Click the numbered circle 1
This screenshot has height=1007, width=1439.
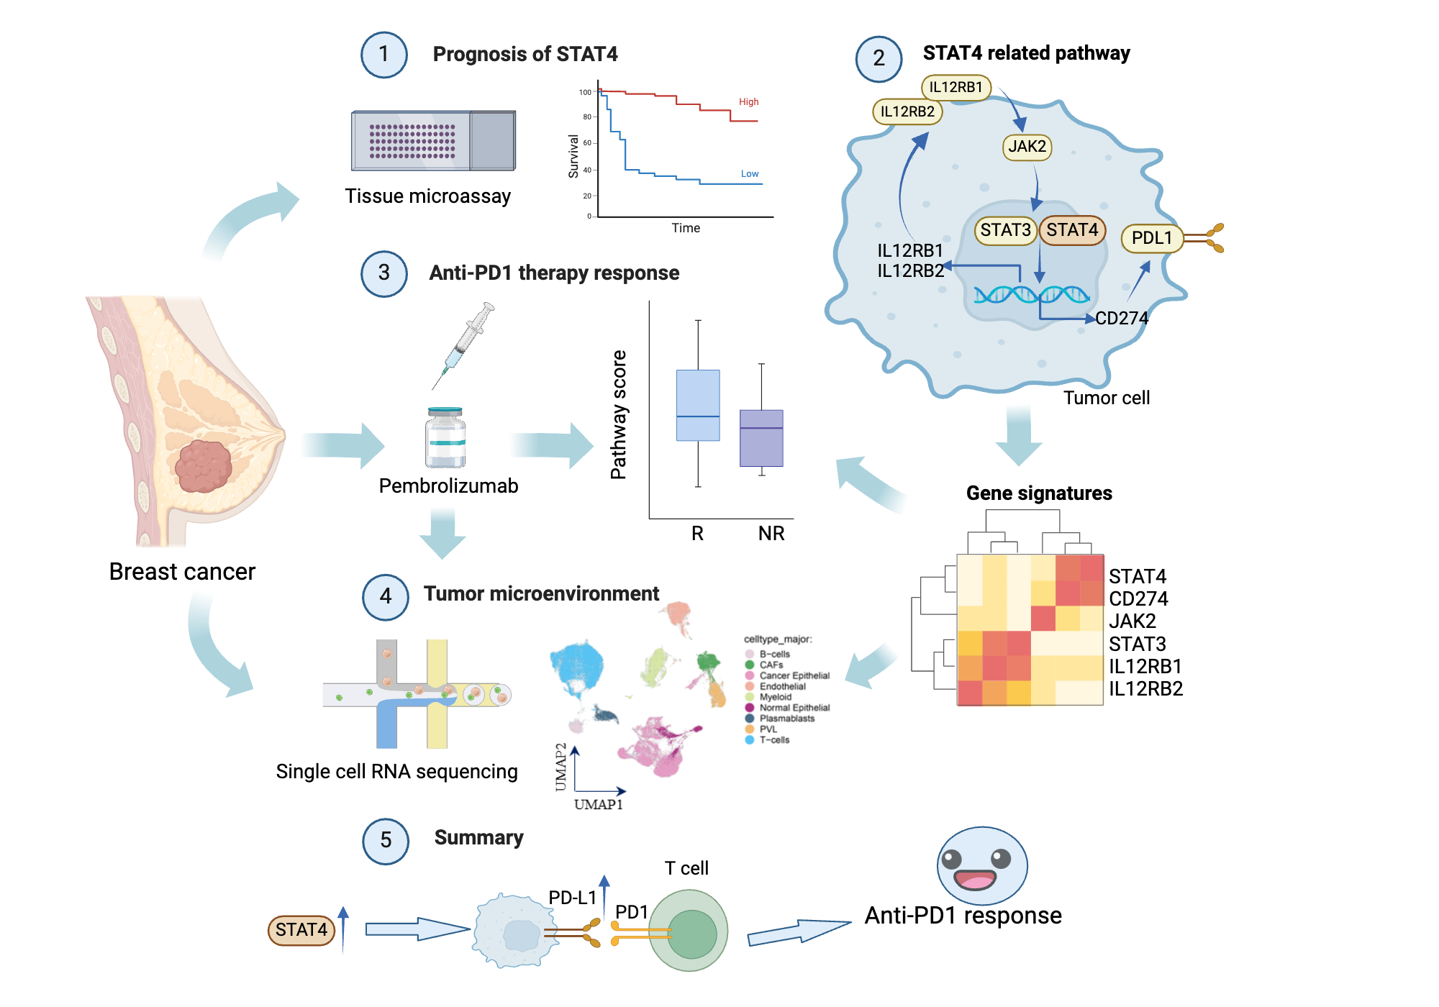pos(383,55)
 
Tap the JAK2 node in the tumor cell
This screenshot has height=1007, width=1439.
pos(1027,147)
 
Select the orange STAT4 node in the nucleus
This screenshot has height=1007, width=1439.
pos(1072,230)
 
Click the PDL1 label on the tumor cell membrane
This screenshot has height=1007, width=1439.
pos(1151,238)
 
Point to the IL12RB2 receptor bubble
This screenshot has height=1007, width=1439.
pos(907,111)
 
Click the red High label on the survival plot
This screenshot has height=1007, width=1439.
pos(748,102)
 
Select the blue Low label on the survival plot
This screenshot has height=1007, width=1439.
pos(749,174)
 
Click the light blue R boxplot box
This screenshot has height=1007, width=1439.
pos(697,405)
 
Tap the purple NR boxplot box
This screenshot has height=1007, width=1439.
pos(761,438)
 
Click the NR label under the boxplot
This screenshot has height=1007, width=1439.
pos(771,534)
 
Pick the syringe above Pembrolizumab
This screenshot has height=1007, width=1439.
pos(464,345)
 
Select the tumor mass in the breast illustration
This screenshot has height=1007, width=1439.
pos(204,466)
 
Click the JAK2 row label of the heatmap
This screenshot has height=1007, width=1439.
pos(1132,621)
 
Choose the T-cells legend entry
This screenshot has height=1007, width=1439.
pos(773,740)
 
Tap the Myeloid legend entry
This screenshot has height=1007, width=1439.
pos(774,697)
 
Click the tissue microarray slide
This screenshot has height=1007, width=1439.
pos(433,141)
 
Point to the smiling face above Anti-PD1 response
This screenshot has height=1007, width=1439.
pos(981,865)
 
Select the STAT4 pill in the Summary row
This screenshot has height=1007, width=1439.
pos(301,930)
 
